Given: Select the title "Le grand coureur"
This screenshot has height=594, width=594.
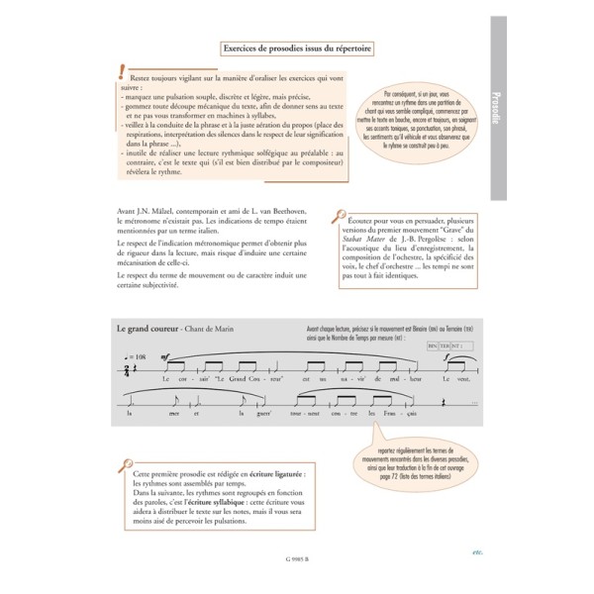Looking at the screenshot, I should point(148,327).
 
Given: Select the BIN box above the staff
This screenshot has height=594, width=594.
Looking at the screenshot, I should point(433,346).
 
